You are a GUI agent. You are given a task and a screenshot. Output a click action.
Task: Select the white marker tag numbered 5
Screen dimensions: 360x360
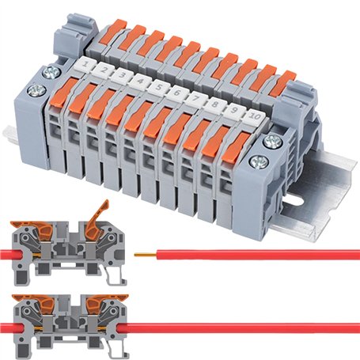click(x=161, y=86)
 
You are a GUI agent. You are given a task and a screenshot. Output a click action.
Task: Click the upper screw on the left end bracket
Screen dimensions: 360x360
click(x=51, y=73)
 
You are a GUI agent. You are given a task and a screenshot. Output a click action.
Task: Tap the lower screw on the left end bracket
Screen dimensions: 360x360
click(x=37, y=89)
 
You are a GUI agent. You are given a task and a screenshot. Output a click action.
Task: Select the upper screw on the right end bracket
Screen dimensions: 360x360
click(x=271, y=142)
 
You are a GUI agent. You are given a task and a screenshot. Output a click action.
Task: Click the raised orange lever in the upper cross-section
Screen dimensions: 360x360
click(x=99, y=214)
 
